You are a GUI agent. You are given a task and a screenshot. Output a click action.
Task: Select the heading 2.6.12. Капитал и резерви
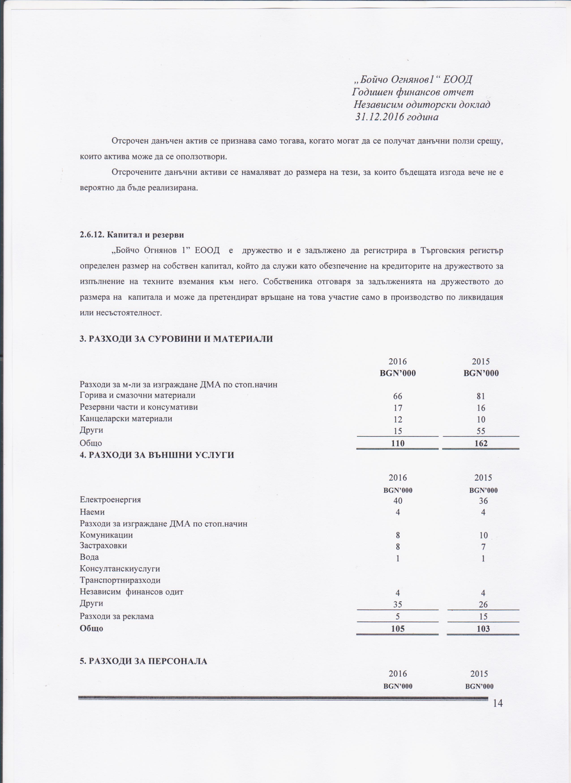(132, 235)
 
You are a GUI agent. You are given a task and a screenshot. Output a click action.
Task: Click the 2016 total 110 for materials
(397, 443)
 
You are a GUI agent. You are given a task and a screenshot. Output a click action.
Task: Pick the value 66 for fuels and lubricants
(397, 396)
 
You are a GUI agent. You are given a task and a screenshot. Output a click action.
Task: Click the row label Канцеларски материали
(126, 419)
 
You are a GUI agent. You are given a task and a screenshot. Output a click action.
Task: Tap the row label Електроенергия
(110, 500)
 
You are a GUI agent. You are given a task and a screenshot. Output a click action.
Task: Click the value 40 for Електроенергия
(397, 501)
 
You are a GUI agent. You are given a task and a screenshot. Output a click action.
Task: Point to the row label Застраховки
(103, 546)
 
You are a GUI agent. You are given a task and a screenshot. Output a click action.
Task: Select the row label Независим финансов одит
(131, 592)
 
